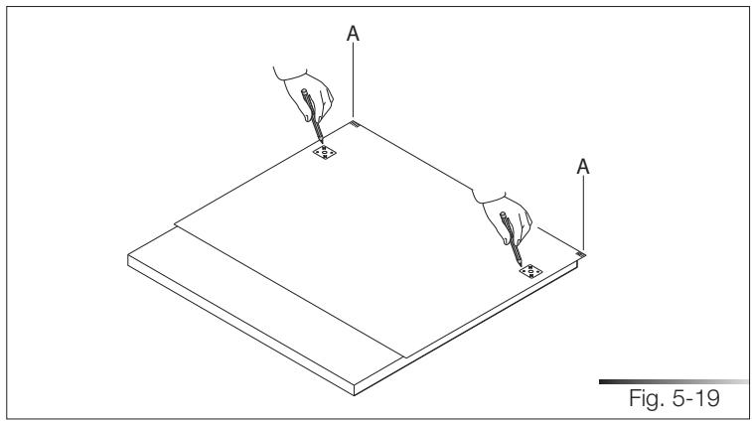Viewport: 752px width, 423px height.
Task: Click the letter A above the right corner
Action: tap(585, 169)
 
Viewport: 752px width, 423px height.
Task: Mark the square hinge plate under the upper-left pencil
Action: tap(325, 153)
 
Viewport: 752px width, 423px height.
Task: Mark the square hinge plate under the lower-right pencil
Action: tap(528, 269)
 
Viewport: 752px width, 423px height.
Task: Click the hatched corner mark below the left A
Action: tap(355, 124)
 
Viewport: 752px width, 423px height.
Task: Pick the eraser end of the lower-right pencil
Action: tap(504, 214)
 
